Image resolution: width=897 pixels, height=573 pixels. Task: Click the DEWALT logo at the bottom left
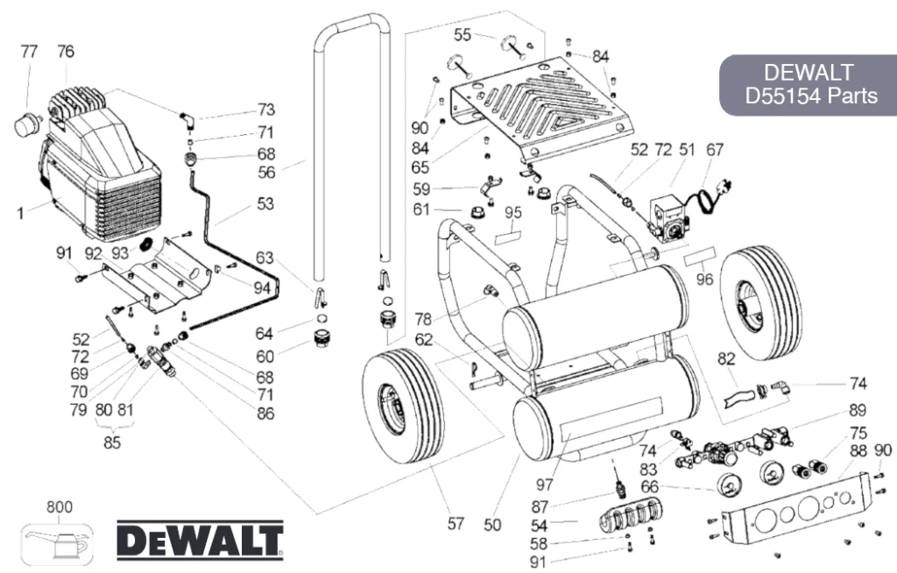pyautogui.click(x=201, y=541)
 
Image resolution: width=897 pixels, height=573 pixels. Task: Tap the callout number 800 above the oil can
pyautogui.click(x=60, y=507)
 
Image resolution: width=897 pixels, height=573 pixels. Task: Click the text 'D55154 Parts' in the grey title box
pyautogui.click(x=810, y=95)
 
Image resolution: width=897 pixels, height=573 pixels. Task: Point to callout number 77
pyautogui.click(x=29, y=52)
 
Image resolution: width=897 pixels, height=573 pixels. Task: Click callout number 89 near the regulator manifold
pyautogui.click(x=858, y=410)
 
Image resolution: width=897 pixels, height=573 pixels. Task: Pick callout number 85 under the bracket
pyautogui.click(x=112, y=442)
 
